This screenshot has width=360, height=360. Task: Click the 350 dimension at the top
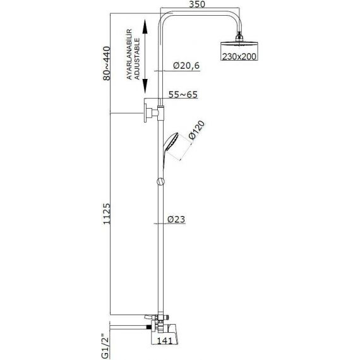pyautogui.click(x=197, y=4)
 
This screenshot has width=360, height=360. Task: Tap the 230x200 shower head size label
pyautogui.click(x=239, y=56)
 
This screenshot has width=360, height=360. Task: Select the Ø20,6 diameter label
pyautogui.click(x=186, y=66)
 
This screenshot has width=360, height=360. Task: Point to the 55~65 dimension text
pyautogui.click(x=183, y=95)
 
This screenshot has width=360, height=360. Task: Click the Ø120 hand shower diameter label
pyautogui.click(x=196, y=130)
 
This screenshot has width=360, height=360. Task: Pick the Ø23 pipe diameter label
pyautogui.click(x=176, y=219)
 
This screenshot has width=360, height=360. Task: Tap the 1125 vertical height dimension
pyautogui.click(x=107, y=213)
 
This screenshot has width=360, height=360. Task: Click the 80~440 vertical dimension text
pyautogui.click(x=107, y=63)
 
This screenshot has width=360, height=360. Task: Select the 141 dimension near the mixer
pyautogui.click(x=165, y=340)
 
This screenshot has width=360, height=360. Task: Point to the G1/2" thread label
pyautogui.click(x=106, y=344)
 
